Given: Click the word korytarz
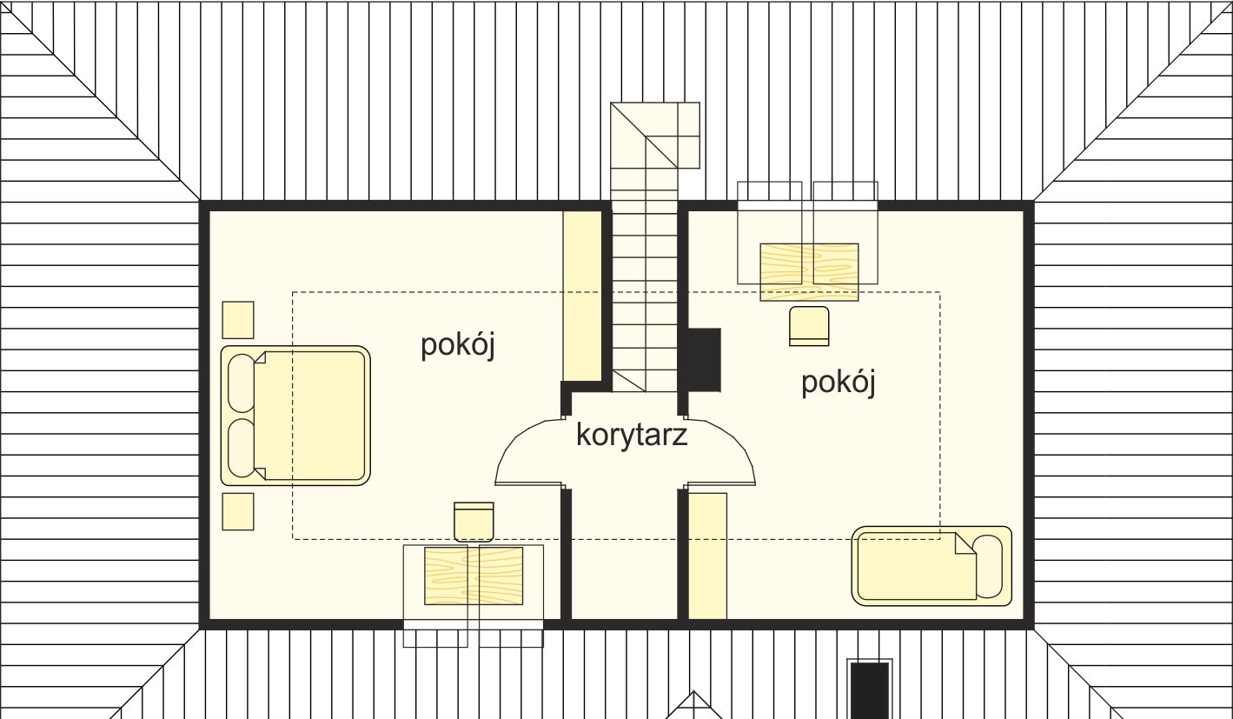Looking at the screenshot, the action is click(632, 435).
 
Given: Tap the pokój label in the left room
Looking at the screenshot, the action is click(458, 346).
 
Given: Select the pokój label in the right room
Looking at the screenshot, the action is click(838, 383).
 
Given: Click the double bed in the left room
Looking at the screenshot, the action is click(295, 416).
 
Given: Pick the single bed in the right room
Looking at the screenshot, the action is click(931, 566).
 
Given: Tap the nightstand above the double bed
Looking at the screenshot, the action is click(238, 320).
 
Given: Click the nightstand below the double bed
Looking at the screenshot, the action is click(238, 511).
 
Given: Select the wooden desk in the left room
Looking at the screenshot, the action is click(474, 576).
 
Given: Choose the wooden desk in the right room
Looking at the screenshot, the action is click(809, 272).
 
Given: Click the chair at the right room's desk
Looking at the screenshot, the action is click(809, 326).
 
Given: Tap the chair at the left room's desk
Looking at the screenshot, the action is click(474, 522).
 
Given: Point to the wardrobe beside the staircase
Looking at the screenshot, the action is click(582, 296).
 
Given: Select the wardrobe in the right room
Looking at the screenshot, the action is click(708, 556).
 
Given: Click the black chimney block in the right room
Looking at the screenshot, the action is click(704, 360).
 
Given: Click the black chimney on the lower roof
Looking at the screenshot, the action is click(870, 690).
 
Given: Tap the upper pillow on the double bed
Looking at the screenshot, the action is click(241, 383).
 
